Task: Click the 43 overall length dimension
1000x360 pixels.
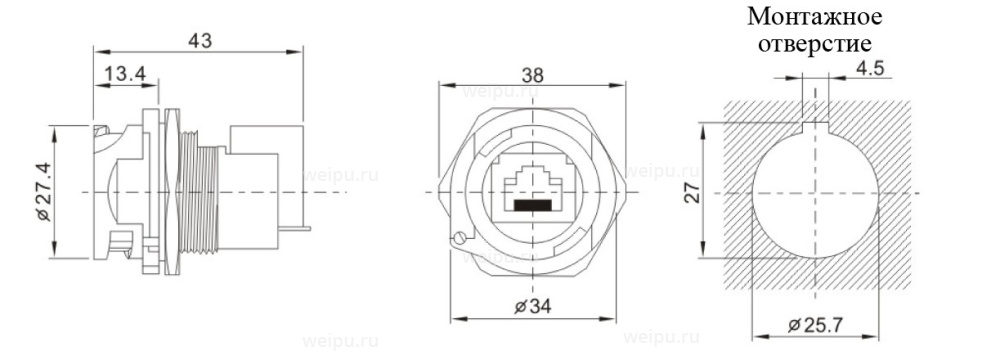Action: pyautogui.click(x=200, y=41)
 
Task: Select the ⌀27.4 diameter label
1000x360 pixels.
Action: pyautogui.click(x=42, y=191)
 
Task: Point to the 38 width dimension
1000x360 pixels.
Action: pyautogui.click(x=533, y=75)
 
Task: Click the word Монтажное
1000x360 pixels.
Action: pyautogui.click(x=815, y=17)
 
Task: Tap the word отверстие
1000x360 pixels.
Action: pyautogui.click(x=815, y=45)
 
